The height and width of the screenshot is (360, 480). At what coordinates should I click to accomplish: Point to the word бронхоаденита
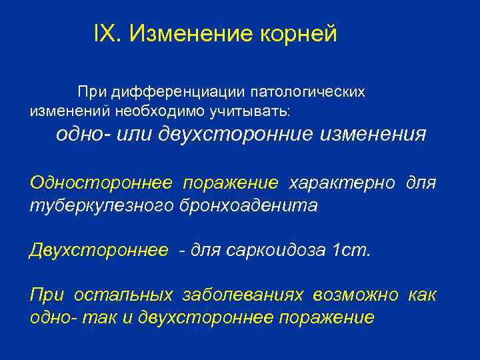point(249,205)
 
